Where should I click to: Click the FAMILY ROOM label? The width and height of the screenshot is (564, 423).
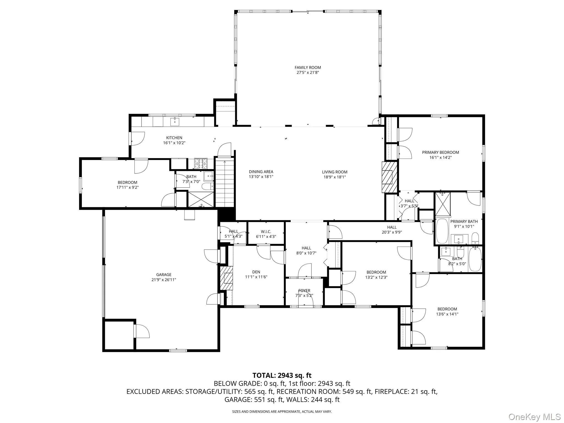308,67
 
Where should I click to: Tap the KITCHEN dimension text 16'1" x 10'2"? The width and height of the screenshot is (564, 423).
174,143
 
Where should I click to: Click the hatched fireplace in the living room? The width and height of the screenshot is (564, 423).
389,177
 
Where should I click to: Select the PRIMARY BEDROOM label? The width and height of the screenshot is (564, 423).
440,152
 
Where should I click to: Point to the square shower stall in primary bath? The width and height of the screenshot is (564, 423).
443,204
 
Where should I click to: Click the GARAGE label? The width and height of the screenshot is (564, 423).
164,275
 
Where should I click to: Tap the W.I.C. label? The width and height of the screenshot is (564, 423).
266,232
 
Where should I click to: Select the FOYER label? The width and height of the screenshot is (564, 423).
304,291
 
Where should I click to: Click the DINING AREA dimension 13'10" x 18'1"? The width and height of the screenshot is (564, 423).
261,177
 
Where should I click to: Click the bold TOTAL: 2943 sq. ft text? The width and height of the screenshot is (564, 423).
282,375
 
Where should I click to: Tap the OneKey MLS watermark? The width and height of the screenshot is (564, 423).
534,416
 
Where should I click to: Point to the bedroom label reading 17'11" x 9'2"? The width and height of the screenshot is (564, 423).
127,187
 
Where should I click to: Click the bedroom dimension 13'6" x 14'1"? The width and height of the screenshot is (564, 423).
447,314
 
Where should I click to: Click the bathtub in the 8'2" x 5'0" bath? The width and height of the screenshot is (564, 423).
475,259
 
